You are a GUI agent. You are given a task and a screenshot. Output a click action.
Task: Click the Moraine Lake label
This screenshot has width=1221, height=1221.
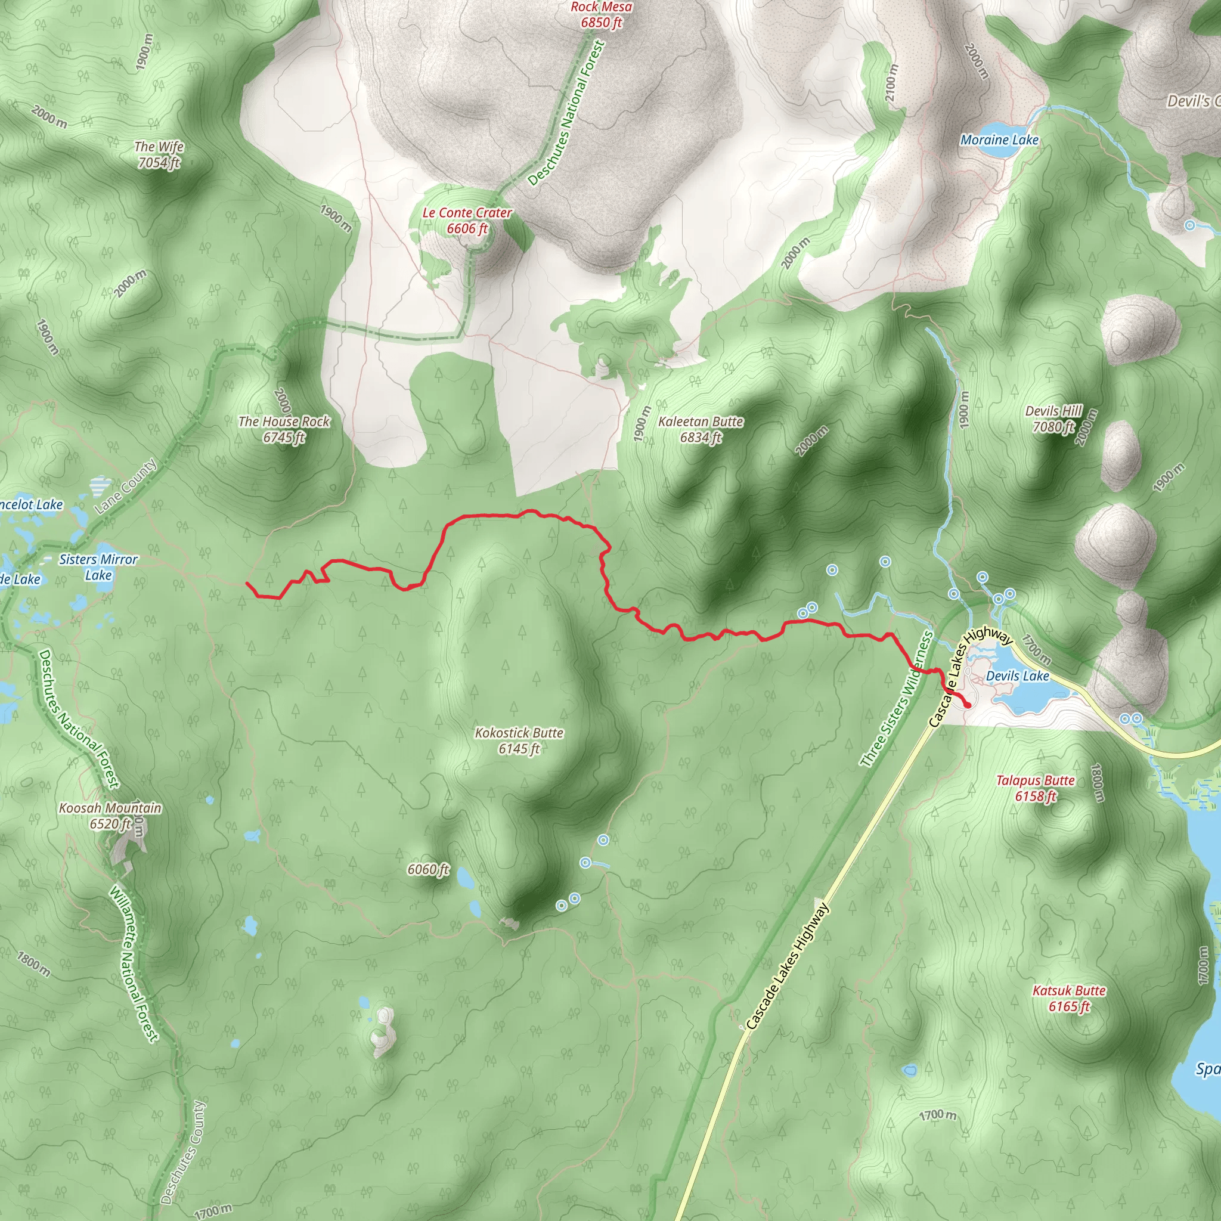[999, 140]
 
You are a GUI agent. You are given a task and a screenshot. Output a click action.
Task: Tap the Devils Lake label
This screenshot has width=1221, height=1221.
[1018, 675]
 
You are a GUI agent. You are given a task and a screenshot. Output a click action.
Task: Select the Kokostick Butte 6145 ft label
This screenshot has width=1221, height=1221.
[519, 740]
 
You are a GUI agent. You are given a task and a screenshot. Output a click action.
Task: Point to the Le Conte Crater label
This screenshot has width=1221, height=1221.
[467, 221]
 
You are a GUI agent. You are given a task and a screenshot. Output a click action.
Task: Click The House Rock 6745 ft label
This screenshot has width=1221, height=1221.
[284, 429]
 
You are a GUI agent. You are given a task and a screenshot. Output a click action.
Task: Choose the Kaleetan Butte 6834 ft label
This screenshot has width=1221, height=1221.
[701, 429]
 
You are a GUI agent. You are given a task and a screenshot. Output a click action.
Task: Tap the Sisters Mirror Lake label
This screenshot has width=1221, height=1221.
[98, 567]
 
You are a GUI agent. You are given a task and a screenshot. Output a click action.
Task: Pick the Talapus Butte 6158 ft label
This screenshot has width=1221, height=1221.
[1035, 788]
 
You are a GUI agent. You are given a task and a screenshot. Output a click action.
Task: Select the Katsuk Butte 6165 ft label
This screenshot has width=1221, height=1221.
[1070, 998]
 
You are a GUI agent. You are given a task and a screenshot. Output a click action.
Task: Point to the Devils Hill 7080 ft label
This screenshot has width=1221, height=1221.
[1053, 419]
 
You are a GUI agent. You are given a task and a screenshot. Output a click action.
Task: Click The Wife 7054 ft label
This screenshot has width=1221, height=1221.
[159, 154]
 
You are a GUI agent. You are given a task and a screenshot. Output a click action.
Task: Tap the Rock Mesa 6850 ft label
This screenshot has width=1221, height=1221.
[601, 14]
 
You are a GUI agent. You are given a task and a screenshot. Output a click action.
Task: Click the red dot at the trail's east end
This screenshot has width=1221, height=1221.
[968, 705]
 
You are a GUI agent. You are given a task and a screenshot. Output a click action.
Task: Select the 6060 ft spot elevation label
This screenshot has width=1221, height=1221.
[428, 870]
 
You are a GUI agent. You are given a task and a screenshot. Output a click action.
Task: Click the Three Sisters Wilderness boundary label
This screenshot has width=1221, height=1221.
[896, 699]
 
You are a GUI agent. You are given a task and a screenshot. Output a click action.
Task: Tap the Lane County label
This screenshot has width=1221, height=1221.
[125, 486]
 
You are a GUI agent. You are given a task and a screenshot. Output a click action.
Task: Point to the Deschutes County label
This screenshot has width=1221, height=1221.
[182, 1152]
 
